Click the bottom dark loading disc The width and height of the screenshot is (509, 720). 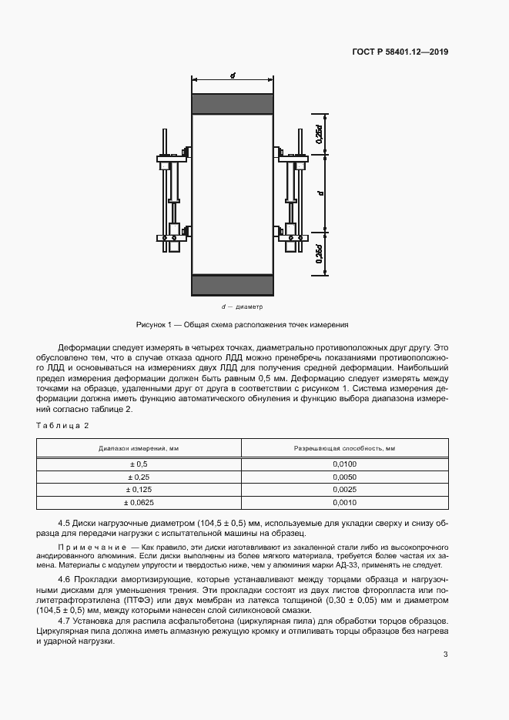[232, 284]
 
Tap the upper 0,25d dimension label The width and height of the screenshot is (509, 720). [319, 134]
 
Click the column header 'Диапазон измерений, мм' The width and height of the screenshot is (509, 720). [139, 448]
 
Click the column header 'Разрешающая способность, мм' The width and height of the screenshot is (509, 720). [344, 448]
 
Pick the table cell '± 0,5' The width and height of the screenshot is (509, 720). [139, 464]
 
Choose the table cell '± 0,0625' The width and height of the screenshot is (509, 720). [139, 502]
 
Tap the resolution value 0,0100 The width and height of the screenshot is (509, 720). [344, 464]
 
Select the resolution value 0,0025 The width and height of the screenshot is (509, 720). [344, 490]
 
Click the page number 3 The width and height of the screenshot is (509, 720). [445, 655]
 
